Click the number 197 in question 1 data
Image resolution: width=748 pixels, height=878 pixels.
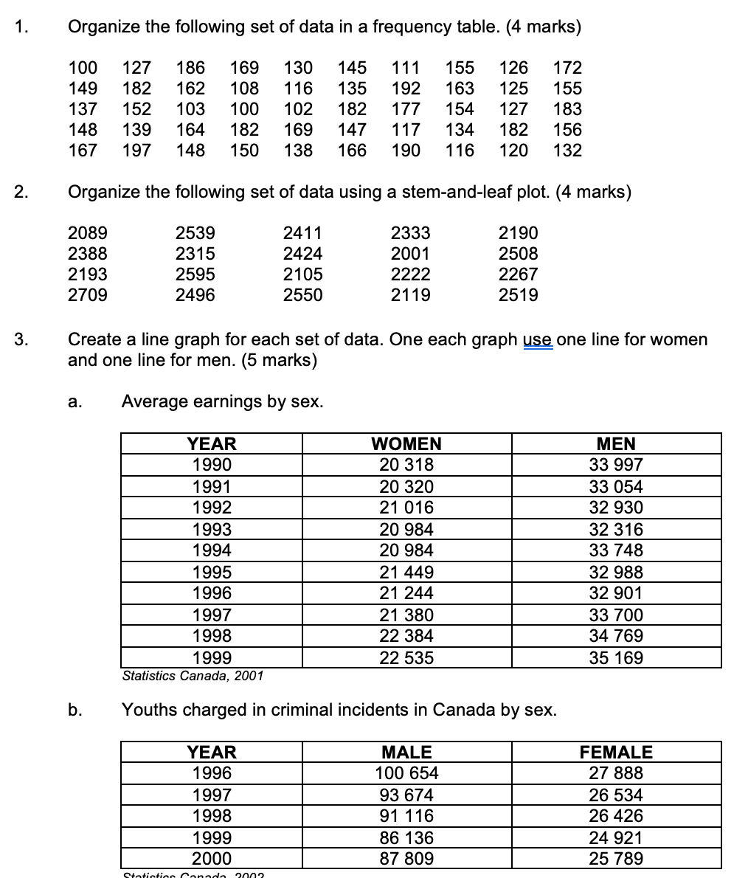pos(136,151)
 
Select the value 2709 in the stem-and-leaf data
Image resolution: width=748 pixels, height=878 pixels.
pos(87,295)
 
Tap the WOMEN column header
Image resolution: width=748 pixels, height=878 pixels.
pos(406,443)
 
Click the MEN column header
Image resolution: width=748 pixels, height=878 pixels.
pos(616,443)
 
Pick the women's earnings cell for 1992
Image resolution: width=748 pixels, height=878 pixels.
pos(406,508)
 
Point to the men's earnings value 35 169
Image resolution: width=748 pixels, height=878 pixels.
pos(616,658)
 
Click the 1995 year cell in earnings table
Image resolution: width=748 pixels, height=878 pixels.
pos(212,572)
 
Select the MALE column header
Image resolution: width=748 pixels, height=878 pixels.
pos(406,752)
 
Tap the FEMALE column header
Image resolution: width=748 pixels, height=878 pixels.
pos(616,752)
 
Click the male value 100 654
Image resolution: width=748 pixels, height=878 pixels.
pos(406,773)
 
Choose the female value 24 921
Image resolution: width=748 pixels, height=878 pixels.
pos(616,837)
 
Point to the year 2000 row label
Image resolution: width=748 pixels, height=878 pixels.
pos(212,859)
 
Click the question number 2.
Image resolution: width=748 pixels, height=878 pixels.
pos(21,193)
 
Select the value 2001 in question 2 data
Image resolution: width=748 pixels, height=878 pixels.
pos(410,254)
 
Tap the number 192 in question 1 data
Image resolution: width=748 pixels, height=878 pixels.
pos(406,89)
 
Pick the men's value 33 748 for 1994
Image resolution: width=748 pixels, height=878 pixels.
pos(616,550)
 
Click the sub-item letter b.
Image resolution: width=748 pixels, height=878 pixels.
pos(74,710)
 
